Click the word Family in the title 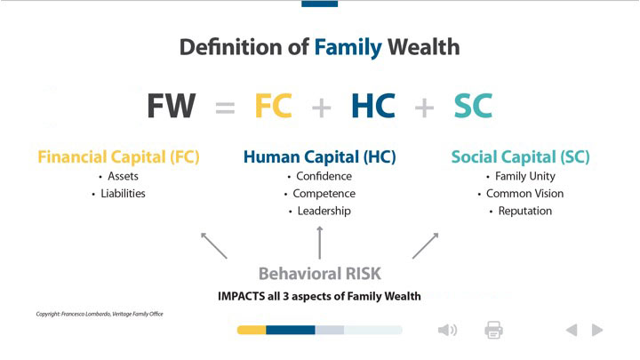pyautogui.click(x=348, y=48)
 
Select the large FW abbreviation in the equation pyautogui.click(x=172, y=106)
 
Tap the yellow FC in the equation pyautogui.click(x=274, y=106)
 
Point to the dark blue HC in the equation pyautogui.click(x=373, y=106)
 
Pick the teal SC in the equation pyautogui.click(x=473, y=106)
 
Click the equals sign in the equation pyautogui.click(x=225, y=108)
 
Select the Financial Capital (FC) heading pyautogui.click(x=118, y=157)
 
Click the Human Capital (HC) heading pyautogui.click(x=320, y=157)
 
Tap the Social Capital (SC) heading pyautogui.click(x=520, y=157)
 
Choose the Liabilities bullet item pyautogui.click(x=123, y=194)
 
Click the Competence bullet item pyautogui.click(x=324, y=194)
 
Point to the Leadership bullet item pyautogui.click(x=324, y=211)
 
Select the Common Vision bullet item pyautogui.click(x=525, y=194)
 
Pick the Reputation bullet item pyautogui.click(x=525, y=212)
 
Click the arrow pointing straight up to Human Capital pyautogui.click(x=320, y=243)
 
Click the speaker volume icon pyautogui.click(x=447, y=330)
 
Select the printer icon pyautogui.click(x=494, y=330)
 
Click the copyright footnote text pyautogui.click(x=100, y=314)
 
